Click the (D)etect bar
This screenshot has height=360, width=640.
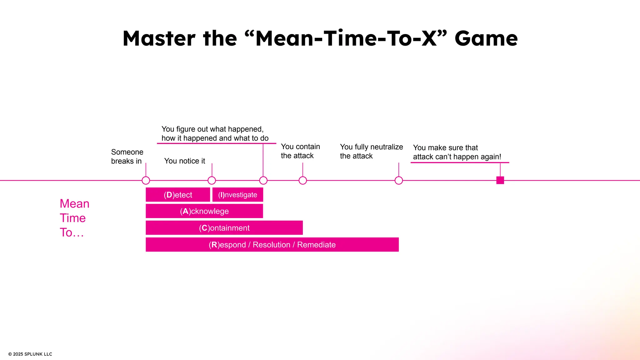coord(178,195)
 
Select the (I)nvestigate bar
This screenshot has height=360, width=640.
coord(237,195)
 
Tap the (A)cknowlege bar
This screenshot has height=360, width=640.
coord(204,211)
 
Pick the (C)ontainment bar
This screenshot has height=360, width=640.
coord(224,228)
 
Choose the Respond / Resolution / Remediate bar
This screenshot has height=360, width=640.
coord(272,245)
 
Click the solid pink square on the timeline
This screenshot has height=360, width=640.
coord(500,180)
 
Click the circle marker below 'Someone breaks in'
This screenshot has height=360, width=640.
coord(146,180)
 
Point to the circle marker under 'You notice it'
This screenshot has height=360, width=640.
coord(212,180)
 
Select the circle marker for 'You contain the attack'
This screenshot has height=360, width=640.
coord(303,180)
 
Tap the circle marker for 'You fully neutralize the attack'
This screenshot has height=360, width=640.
coord(399,180)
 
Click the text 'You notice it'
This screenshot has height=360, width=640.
coord(184,161)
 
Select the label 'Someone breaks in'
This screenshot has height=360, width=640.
coord(127,156)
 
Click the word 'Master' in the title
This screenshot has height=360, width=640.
coord(159,38)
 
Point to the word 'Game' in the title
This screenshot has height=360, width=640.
coord(486,38)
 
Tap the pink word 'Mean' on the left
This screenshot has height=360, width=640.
coord(74,204)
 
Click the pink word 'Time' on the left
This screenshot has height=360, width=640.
coord(72,218)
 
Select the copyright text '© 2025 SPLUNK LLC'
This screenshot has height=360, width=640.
coord(30,354)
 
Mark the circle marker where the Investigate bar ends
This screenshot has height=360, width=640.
coord(263,180)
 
